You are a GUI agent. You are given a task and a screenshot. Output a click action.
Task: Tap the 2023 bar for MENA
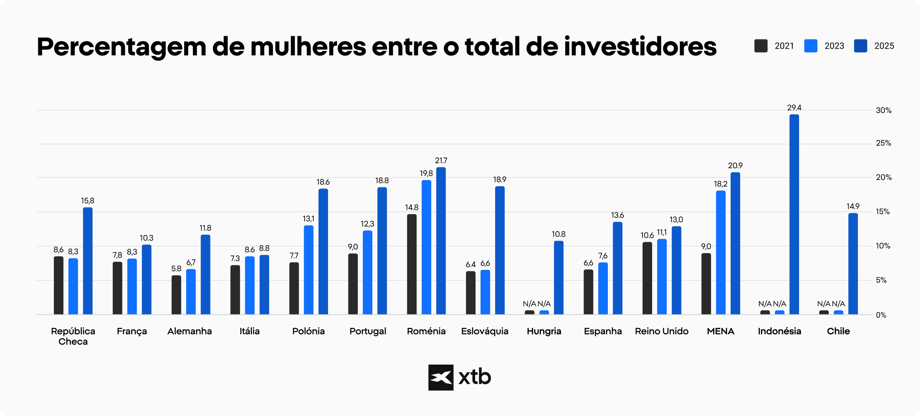(x=721, y=253)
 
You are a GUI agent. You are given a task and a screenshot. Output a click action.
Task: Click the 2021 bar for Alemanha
(x=176, y=295)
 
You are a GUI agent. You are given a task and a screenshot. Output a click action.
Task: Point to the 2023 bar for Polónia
(x=309, y=270)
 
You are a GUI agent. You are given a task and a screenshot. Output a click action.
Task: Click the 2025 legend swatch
(x=861, y=46)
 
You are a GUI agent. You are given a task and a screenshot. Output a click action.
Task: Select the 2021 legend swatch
(x=761, y=46)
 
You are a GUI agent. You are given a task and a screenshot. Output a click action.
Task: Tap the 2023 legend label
(x=834, y=46)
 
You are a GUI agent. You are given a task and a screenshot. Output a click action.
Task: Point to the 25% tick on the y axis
(x=883, y=143)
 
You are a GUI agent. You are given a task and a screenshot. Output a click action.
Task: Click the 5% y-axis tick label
(x=881, y=280)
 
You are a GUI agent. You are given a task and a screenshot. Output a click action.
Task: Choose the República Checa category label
(x=73, y=336)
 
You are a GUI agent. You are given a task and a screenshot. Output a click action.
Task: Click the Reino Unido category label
(x=661, y=331)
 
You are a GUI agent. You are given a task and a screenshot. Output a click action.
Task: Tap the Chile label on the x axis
(x=838, y=331)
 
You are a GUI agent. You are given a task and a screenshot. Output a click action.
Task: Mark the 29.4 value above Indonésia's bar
(x=794, y=108)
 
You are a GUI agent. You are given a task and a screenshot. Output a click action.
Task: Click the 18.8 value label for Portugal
(x=382, y=181)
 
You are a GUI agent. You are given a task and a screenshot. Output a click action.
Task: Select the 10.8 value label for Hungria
(x=558, y=234)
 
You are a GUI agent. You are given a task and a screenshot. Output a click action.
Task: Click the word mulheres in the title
(x=308, y=47)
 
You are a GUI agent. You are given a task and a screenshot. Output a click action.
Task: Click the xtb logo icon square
(x=440, y=377)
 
